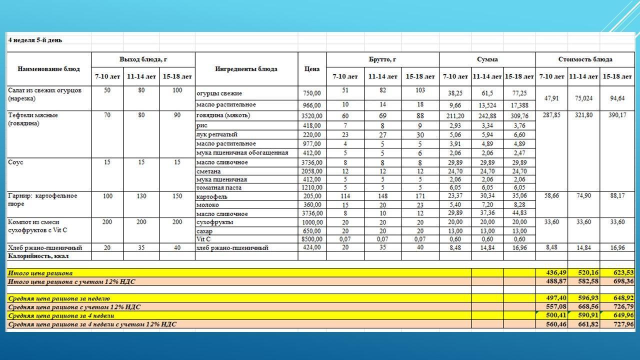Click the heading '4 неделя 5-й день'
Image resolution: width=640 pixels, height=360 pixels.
[35, 40]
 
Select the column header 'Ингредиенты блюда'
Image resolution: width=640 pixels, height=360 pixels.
[246, 69]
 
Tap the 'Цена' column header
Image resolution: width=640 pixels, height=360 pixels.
[311, 69]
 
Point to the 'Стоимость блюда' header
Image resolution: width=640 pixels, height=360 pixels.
[585, 59]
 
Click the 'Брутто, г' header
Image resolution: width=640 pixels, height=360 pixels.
[382, 59]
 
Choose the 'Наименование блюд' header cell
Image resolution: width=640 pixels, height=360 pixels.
[48, 69]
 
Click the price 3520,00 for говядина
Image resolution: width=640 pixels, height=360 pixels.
[312, 116]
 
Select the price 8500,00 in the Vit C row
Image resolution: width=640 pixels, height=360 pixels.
[312, 239]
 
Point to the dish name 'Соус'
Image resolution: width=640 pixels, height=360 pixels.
[15, 162]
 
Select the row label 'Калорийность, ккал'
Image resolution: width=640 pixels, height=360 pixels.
[38, 256]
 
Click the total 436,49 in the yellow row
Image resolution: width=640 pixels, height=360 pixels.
[552, 273]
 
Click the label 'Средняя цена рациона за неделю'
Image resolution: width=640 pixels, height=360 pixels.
[58, 298]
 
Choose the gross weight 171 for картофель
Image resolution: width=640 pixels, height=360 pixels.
[420, 196]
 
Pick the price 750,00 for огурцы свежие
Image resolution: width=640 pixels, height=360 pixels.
[312, 93]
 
